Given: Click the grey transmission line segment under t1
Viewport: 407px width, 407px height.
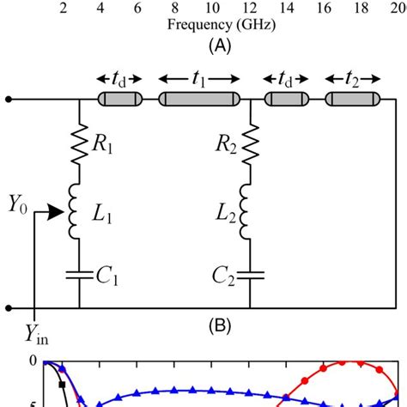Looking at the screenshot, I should pos(200,100).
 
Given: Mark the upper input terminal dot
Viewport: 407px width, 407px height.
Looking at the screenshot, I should pos(9,100).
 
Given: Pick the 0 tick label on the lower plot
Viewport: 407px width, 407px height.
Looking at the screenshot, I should pos(9,361).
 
